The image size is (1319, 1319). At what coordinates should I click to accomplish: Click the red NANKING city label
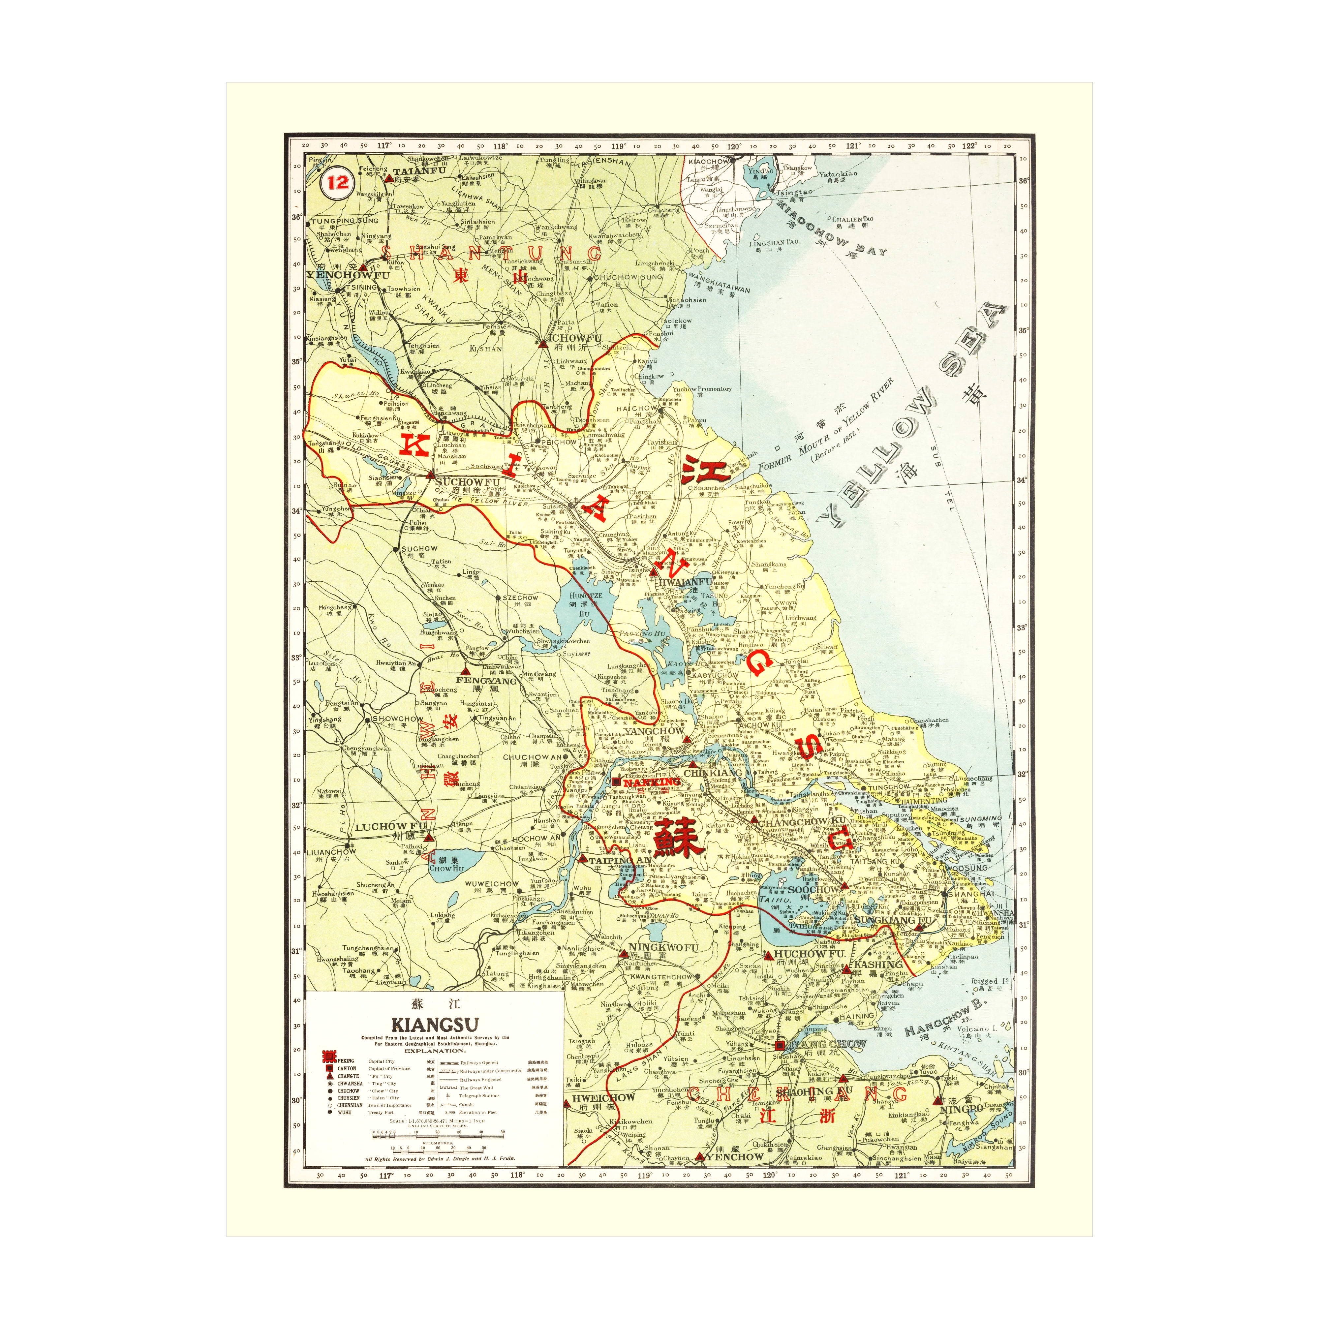click(652, 782)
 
